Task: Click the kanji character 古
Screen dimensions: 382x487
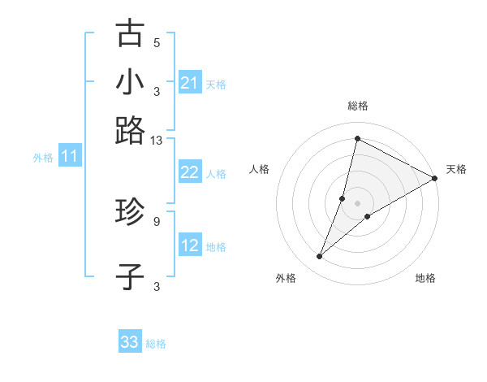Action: [x=130, y=34]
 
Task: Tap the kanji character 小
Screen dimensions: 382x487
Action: [x=130, y=82]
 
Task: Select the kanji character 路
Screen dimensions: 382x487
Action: [x=130, y=130]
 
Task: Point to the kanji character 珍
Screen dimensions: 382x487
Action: [x=130, y=213]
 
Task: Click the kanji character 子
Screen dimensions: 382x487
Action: [x=130, y=276]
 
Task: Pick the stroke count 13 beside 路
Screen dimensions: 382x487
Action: [x=157, y=141]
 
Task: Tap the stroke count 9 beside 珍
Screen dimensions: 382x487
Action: [x=157, y=220]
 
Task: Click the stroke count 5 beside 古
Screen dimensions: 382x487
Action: [x=157, y=43]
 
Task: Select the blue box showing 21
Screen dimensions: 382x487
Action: [x=190, y=82]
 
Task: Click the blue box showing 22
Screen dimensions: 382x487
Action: [x=190, y=171]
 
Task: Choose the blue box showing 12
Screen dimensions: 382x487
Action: [x=190, y=245]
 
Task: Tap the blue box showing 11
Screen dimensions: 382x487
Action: [x=69, y=157]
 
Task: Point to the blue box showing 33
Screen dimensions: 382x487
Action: [x=130, y=342]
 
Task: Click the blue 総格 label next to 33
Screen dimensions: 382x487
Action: [x=156, y=344]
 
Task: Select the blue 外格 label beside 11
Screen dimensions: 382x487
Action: [x=43, y=158]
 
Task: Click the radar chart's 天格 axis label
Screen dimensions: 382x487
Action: [x=456, y=169]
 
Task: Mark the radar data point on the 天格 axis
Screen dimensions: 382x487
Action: [x=436, y=179]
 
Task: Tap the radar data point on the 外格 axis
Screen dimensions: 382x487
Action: [x=320, y=257]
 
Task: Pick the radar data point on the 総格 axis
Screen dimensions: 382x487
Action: [x=357, y=138]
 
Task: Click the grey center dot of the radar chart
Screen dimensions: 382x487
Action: [x=357, y=202]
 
